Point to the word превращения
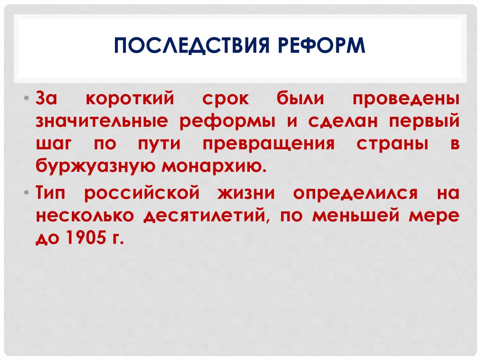point(269,144)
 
